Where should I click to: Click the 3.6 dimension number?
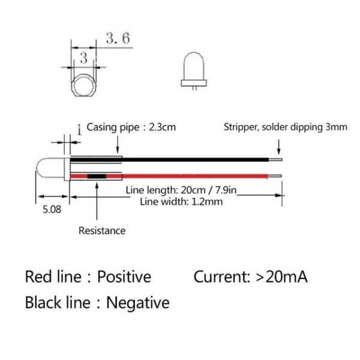pos(118,38)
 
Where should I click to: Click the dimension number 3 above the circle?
pos(83,58)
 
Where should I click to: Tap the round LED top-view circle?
pos(84,85)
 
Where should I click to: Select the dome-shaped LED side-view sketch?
pos(194,71)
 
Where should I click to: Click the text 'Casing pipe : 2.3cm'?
pos(131,127)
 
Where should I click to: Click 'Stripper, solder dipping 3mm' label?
pos(286,127)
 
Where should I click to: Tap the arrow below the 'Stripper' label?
pos(279,147)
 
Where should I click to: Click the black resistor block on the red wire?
pos(97,176)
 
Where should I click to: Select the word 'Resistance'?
pos(102,230)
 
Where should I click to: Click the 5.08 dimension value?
pos(52,209)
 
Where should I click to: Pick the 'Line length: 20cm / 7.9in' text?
pos(181,190)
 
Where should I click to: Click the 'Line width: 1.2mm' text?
pos(181,202)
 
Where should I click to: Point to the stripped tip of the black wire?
pos(275,160)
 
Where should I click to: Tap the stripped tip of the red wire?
pos(275,176)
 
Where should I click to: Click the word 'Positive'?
pos(124,277)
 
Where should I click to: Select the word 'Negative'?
pos(138,302)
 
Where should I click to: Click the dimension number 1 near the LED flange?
pos(79,130)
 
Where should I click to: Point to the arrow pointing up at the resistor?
pos(97,202)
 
